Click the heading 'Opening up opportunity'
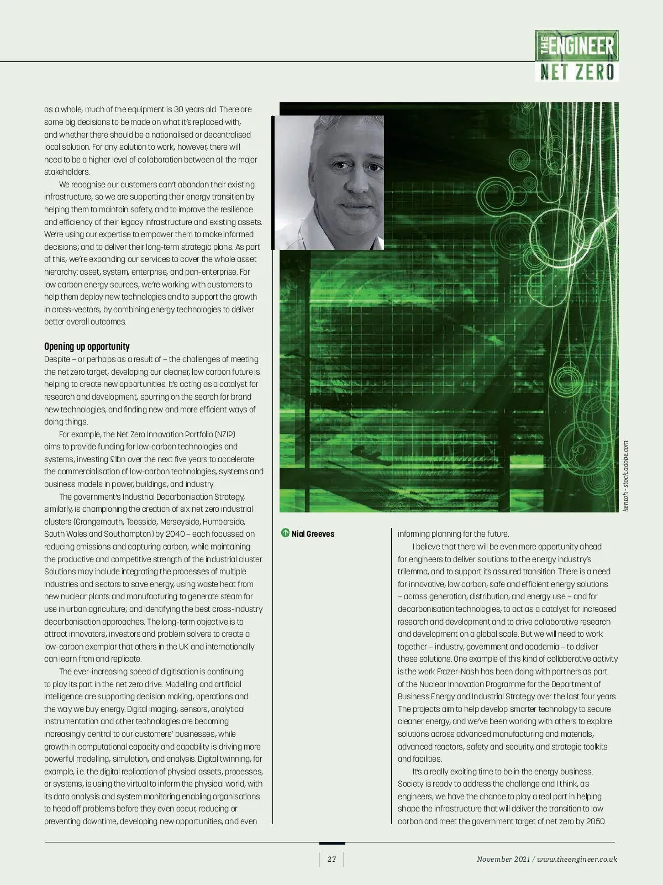click(87, 347)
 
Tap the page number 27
click(331, 859)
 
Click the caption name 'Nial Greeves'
click(313, 534)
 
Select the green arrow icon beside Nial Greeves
click(285, 533)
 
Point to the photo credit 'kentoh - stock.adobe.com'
click(625, 476)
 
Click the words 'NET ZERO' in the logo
click(577, 72)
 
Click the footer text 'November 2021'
click(503, 859)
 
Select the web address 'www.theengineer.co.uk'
click(577, 859)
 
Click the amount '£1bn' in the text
click(119, 459)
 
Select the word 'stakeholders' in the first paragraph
click(66, 172)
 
